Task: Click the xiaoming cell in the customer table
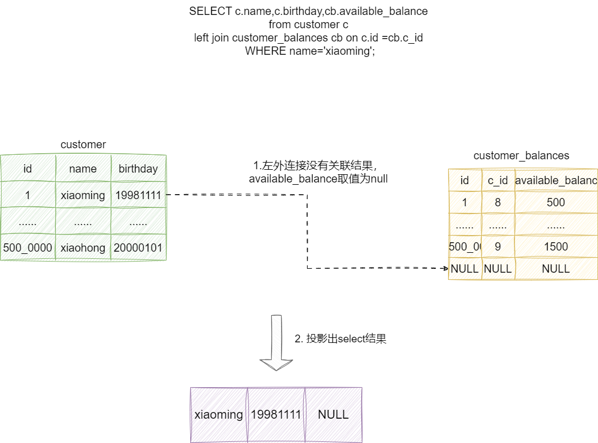pyautogui.click(x=83, y=195)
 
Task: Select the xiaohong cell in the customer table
pyautogui.click(x=83, y=248)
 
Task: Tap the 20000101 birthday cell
pyautogui.click(x=138, y=248)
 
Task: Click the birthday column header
pyautogui.click(x=138, y=169)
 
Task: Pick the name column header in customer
pyautogui.click(x=83, y=169)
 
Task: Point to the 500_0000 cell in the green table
pyautogui.click(x=28, y=248)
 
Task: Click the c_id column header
pyautogui.click(x=498, y=180)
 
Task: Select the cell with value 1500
pyautogui.click(x=556, y=247)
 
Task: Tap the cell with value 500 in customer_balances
pyautogui.click(x=556, y=202)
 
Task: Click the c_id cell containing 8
pyautogui.click(x=498, y=202)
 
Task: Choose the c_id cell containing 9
pyautogui.click(x=498, y=247)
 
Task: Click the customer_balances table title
pyautogui.click(x=521, y=156)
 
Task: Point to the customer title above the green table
pyautogui.click(x=83, y=145)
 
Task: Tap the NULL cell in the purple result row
pyautogui.click(x=333, y=415)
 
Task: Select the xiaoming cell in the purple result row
pyautogui.click(x=219, y=415)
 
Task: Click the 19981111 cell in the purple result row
pyautogui.click(x=276, y=415)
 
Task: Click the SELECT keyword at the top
pyautogui.click(x=207, y=12)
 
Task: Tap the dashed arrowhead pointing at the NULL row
pyautogui.click(x=445, y=269)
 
